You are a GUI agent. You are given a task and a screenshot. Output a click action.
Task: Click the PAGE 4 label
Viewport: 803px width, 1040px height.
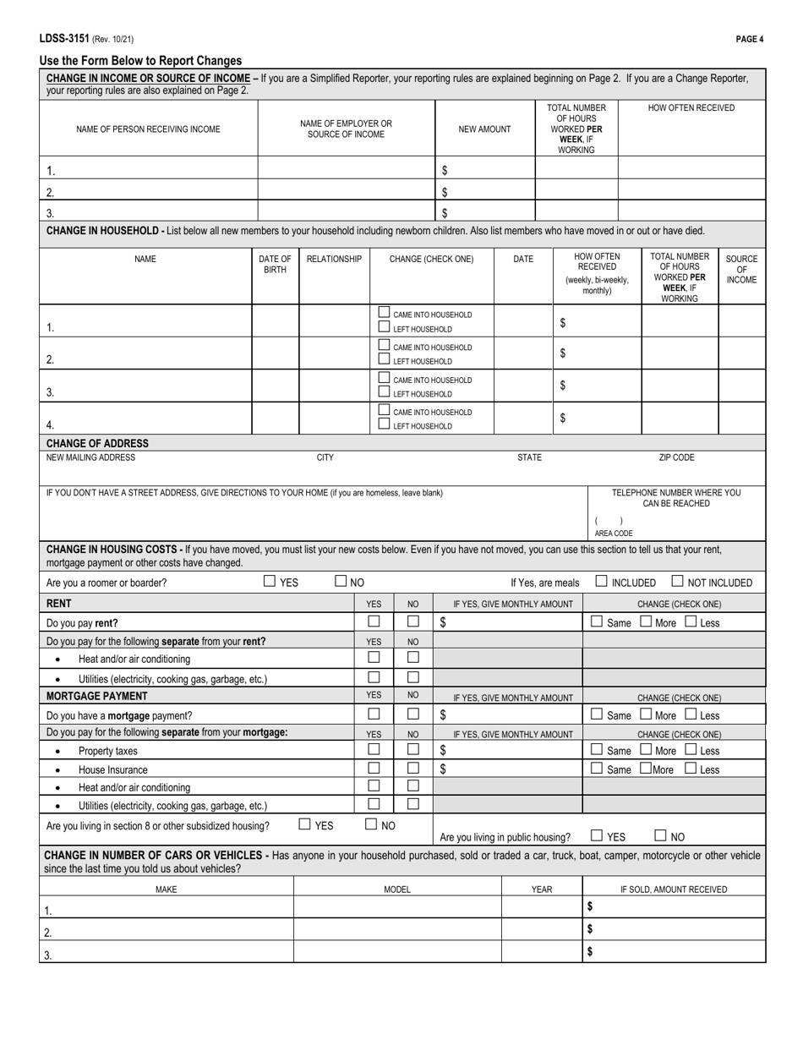point(750,40)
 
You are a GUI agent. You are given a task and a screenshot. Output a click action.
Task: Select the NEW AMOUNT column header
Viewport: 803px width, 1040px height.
point(484,129)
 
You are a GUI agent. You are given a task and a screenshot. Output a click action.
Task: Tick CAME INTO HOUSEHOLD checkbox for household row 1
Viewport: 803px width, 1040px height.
point(385,314)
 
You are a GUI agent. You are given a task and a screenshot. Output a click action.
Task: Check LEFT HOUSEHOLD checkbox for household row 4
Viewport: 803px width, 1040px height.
point(385,425)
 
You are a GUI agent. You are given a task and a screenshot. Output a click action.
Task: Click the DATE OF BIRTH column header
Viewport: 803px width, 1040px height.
point(275,264)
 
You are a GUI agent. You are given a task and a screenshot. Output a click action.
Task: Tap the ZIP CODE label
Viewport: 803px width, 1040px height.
point(676,457)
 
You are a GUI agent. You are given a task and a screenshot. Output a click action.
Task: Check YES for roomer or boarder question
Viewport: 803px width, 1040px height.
point(270,581)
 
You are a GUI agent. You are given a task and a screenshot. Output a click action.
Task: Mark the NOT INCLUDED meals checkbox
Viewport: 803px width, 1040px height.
point(678,581)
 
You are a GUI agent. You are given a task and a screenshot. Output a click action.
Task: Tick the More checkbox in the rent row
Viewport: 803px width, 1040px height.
point(646,622)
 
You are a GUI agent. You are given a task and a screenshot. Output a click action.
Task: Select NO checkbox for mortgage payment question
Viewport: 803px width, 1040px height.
point(413,714)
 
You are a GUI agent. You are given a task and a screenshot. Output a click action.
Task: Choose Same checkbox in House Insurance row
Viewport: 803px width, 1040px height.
point(597,769)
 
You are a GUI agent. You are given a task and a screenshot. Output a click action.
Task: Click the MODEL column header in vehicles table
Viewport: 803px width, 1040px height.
point(397,889)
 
